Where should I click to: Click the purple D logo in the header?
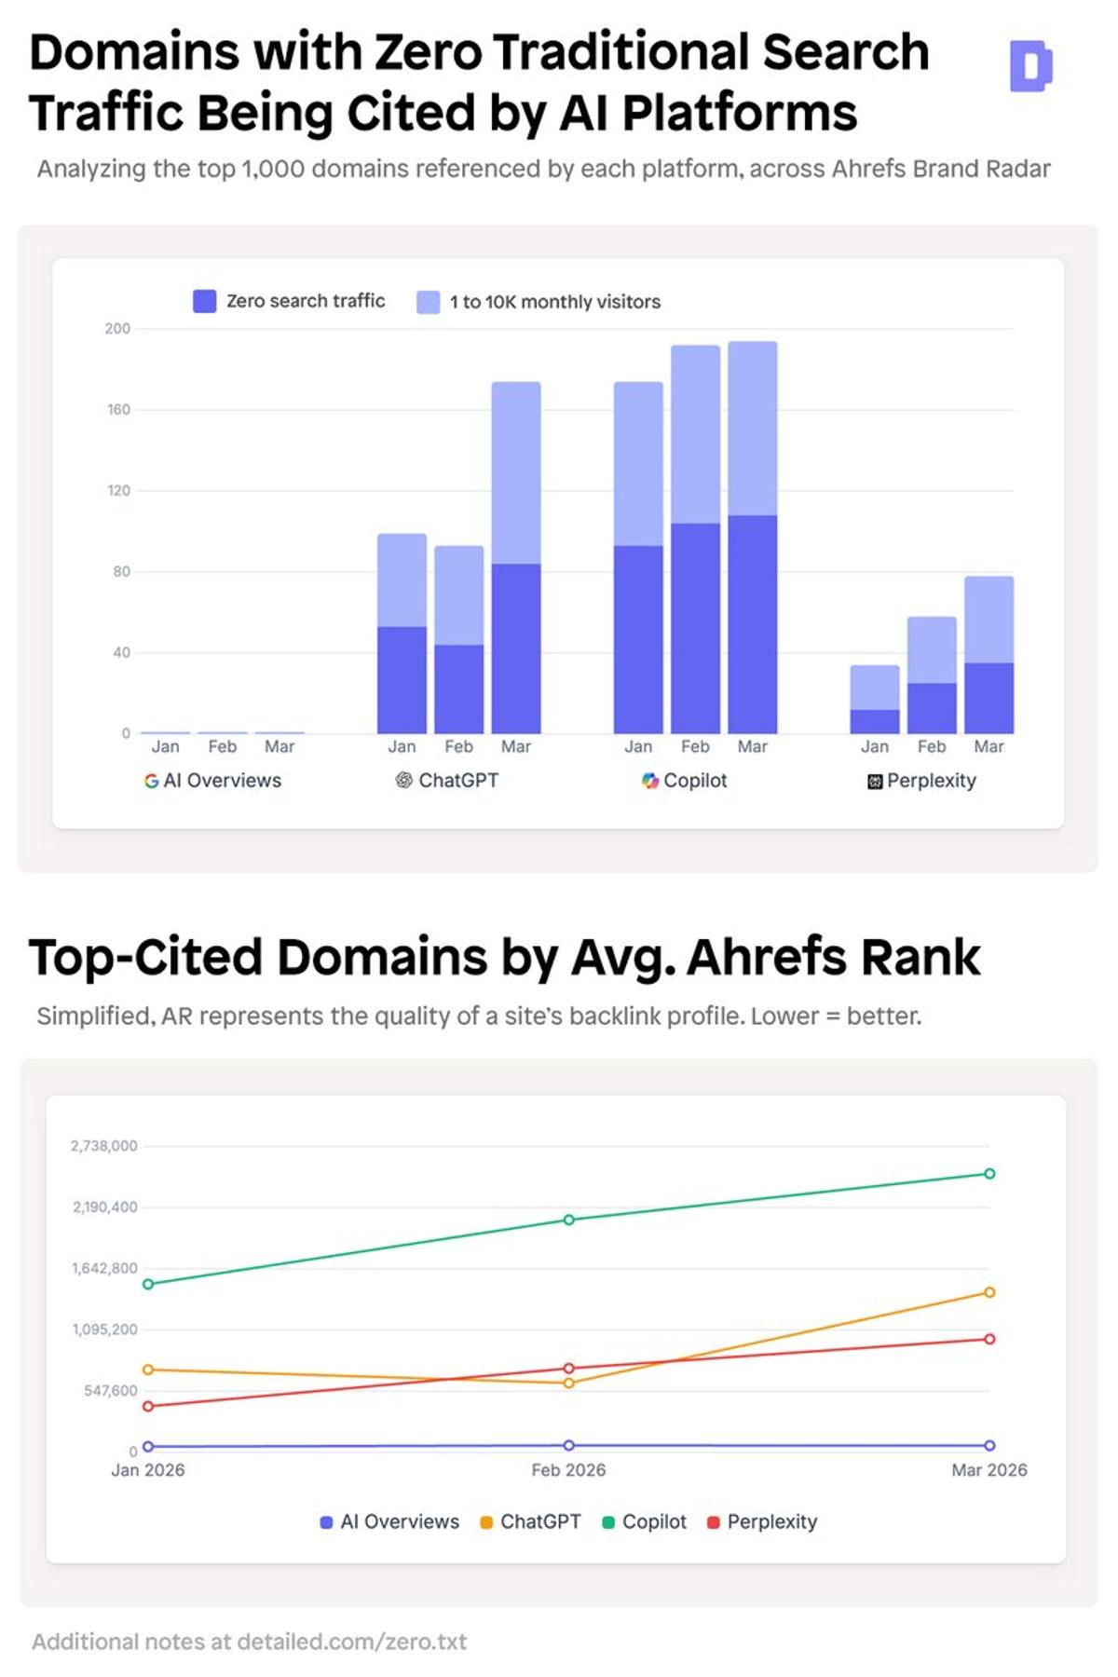pyautogui.click(x=1030, y=66)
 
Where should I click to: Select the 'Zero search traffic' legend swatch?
pyautogui.click(x=204, y=301)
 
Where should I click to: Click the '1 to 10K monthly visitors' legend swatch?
pyautogui.click(x=428, y=302)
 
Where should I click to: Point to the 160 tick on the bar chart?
pyautogui.click(x=118, y=410)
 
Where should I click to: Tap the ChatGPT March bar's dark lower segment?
pyautogui.click(x=516, y=648)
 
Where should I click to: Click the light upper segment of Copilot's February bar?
pyautogui.click(x=695, y=434)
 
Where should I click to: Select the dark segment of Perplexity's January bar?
pyautogui.click(x=874, y=721)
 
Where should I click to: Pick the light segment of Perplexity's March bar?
pyautogui.click(x=988, y=620)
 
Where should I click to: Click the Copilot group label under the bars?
pyautogui.click(x=694, y=781)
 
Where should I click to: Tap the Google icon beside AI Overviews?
pyautogui.click(x=151, y=781)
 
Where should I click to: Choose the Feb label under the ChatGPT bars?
pyautogui.click(x=458, y=746)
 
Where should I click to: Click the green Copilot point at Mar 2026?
pyautogui.click(x=989, y=1174)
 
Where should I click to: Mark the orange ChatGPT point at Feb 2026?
pyautogui.click(x=569, y=1383)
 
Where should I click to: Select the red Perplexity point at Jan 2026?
pyautogui.click(x=148, y=1406)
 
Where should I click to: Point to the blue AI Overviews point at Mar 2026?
pyautogui.click(x=989, y=1446)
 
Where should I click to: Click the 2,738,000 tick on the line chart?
pyautogui.click(x=104, y=1146)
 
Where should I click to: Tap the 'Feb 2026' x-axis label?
pyautogui.click(x=568, y=1470)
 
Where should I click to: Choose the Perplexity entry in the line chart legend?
pyautogui.click(x=771, y=1521)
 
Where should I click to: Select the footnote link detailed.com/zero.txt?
pyautogui.click(x=352, y=1642)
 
